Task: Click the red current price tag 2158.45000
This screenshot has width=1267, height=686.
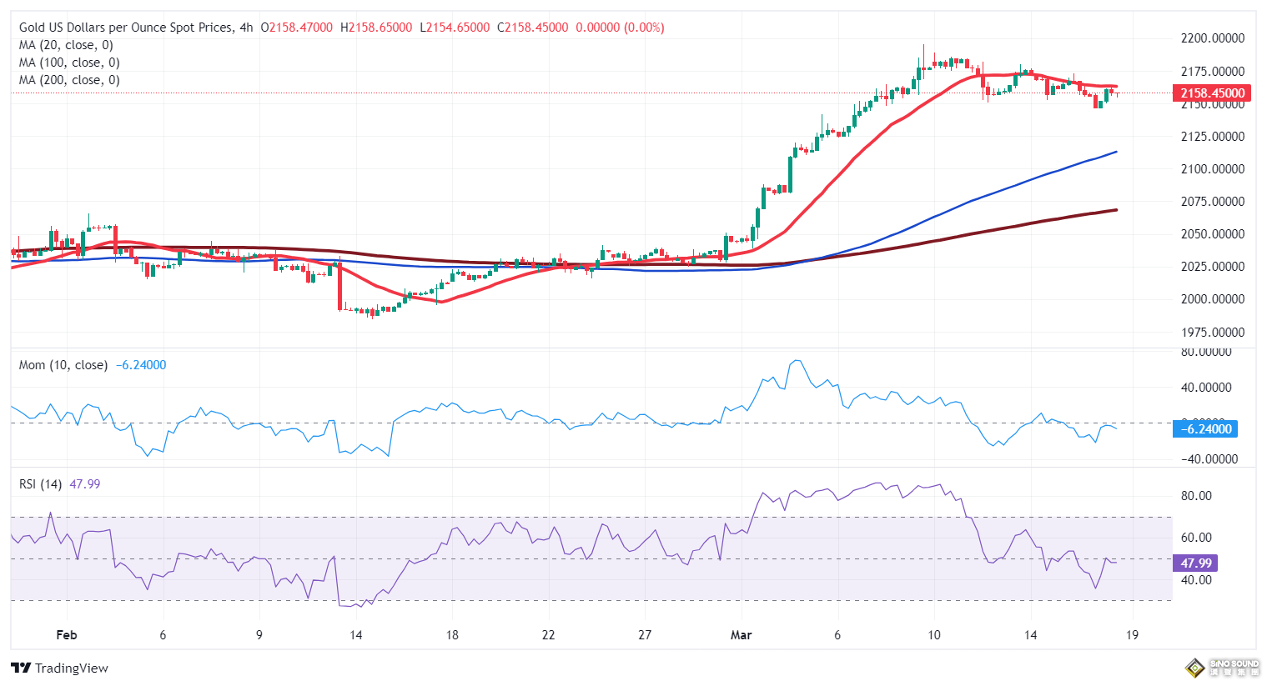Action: (x=1212, y=93)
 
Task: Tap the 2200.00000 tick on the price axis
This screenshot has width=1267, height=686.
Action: (x=1212, y=38)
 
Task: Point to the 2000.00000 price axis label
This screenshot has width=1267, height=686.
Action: (x=1212, y=299)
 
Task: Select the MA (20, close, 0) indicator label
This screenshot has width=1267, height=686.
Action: (x=66, y=45)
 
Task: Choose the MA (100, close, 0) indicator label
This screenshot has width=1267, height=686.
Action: (x=69, y=63)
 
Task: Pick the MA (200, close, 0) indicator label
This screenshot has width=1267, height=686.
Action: (x=69, y=80)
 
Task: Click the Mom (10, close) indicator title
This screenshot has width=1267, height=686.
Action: (x=63, y=365)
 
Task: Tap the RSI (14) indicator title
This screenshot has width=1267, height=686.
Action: (x=40, y=484)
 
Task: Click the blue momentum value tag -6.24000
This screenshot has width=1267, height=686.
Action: (x=1206, y=429)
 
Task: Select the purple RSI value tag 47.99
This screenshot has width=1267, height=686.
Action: (x=1195, y=563)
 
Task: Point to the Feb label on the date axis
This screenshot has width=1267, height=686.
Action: (x=67, y=635)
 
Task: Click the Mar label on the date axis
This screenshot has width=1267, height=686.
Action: (x=741, y=635)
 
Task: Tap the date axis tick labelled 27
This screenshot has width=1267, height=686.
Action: (x=645, y=635)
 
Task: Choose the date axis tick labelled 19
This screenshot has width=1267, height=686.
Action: (x=1132, y=635)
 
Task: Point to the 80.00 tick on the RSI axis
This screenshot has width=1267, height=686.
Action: (x=1196, y=496)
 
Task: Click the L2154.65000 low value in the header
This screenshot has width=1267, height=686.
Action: (x=455, y=28)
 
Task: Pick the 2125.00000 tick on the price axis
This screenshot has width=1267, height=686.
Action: (x=1212, y=137)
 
